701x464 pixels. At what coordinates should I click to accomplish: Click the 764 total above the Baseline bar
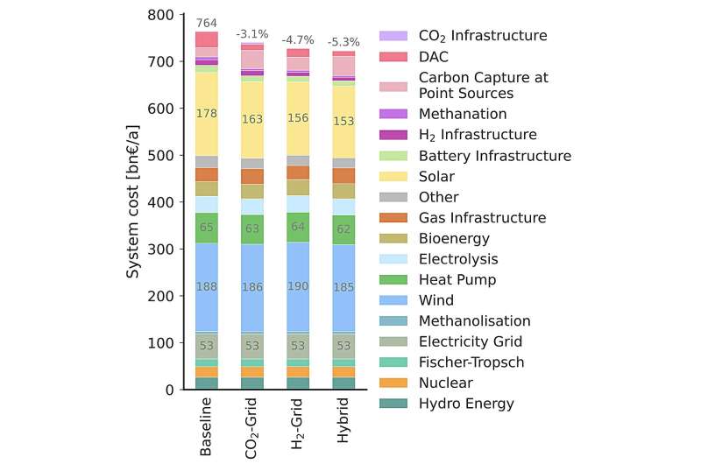click(x=206, y=22)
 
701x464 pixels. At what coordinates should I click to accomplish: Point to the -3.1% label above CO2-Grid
click(x=252, y=34)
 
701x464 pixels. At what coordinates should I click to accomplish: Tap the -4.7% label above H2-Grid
click(x=298, y=40)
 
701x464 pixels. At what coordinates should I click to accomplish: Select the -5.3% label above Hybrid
click(x=343, y=42)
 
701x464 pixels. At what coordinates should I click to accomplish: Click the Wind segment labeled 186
click(x=252, y=286)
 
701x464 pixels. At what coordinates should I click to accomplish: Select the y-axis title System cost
click(x=133, y=201)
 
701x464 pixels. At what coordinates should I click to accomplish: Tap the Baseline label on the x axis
click(x=206, y=428)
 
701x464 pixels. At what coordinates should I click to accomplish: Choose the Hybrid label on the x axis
click(x=343, y=423)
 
